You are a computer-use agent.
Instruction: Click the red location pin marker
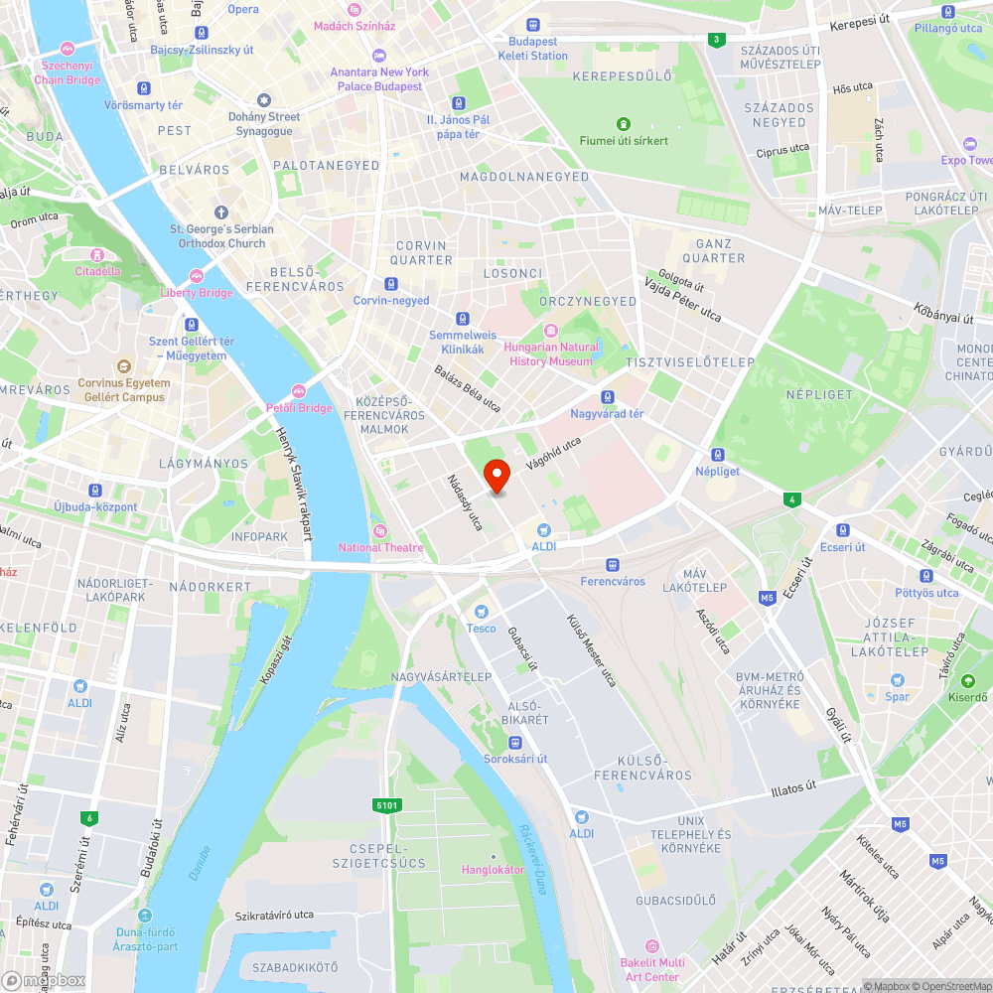pyautogui.click(x=496, y=476)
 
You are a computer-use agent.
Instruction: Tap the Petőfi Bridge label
pyautogui.click(x=299, y=407)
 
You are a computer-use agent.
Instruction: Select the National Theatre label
pyautogui.click(x=380, y=547)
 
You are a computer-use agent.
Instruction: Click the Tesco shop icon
pyautogui.click(x=482, y=611)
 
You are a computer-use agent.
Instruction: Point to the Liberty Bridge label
pyautogui.click(x=197, y=292)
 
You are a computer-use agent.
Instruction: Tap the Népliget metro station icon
pyautogui.click(x=718, y=452)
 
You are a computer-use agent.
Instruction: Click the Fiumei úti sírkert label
pyautogui.click(x=624, y=140)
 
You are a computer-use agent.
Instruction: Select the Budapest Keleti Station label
pyautogui.click(x=533, y=49)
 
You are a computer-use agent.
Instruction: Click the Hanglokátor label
pyautogui.click(x=493, y=869)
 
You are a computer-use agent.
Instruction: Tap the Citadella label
pyautogui.click(x=97, y=270)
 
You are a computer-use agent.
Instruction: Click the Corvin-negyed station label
pyautogui.click(x=391, y=300)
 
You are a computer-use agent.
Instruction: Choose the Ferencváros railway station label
pyautogui.click(x=613, y=581)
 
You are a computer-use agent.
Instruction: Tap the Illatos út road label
pyautogui.click(x=793, y=789)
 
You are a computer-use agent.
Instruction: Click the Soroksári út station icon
pyautogui.click(x=514, y=743)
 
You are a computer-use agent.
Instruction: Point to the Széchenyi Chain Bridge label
pyautogui.click(x=68, y=72)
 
